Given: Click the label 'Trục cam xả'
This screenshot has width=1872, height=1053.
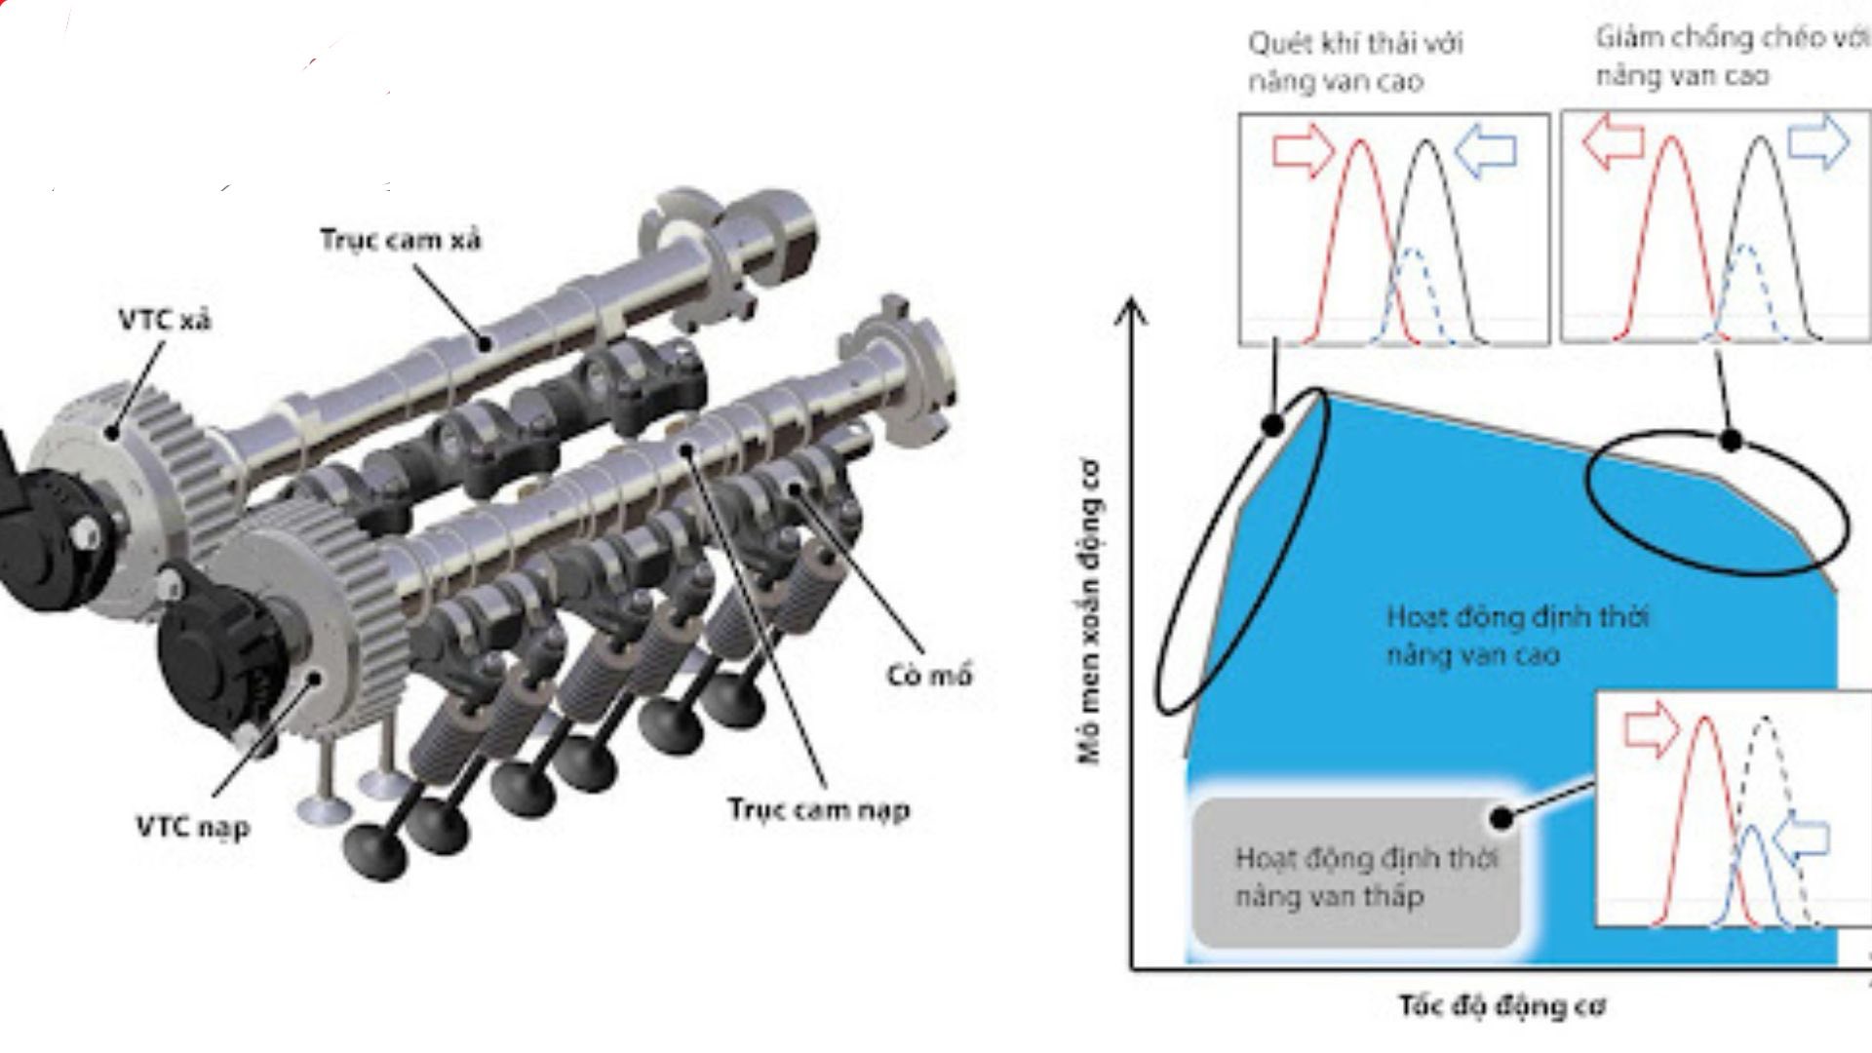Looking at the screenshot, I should pyautogui.click(x=401, y=240).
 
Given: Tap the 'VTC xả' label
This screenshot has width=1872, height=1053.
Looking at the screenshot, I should pyautogui.click(x=165, y=320).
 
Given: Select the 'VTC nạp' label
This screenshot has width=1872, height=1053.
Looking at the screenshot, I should pyautogui.click(x=193, y=828).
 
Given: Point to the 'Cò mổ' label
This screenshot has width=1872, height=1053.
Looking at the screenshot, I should pyautogui.click(x=930, y=675).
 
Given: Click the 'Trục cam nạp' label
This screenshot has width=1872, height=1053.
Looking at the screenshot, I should pyautogui.click(x=819, y=809).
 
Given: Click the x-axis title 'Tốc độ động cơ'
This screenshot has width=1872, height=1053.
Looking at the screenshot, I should pyautogui.click(x=1502, y=1005).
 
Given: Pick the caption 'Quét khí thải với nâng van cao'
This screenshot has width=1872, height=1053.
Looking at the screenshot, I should pyautogui.click(x=1355, y=61).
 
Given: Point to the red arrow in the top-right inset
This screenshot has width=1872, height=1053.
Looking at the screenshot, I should pyautogui.click(x=1610, y=142).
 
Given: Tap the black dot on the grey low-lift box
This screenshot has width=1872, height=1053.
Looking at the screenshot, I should pyautogui.click(x=1502, y=817).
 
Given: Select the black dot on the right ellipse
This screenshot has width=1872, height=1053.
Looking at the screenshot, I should pyautogui.click(x=1731, y=441).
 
